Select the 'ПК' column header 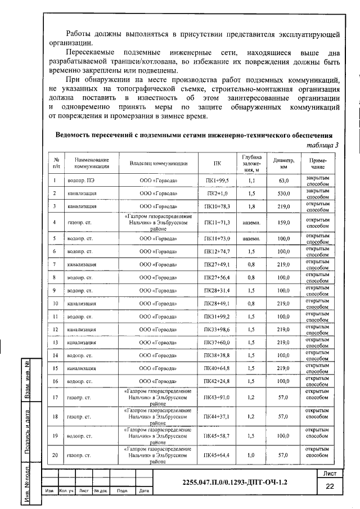click(217, 164)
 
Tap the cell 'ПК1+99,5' click(217, 181)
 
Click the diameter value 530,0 click(283, 194)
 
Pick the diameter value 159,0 click(283, 223)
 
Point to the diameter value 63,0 click(283, 181)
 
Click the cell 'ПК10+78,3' click(217, 207)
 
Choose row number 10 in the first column click(56, 304)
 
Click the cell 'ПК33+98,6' click(217, 330)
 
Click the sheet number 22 click(330, 486)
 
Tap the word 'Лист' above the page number click(330, 473)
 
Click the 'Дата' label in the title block click(143, 492)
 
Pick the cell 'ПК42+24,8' click(217, 381)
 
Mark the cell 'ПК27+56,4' click(217, 277)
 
